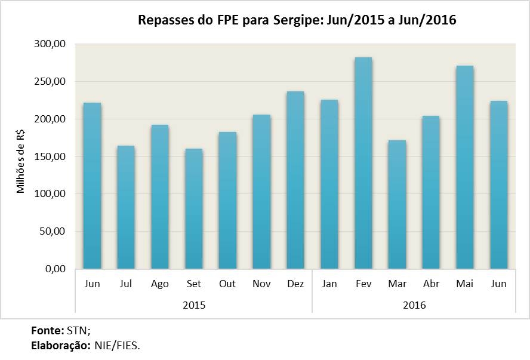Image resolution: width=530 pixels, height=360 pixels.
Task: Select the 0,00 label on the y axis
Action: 57,269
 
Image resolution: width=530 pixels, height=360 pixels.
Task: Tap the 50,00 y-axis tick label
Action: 55,231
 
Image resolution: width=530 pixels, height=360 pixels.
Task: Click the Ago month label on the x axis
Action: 160,284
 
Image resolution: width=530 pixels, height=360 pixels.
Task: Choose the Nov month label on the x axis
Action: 261,284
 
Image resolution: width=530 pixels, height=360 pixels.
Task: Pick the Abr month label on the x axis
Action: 431,284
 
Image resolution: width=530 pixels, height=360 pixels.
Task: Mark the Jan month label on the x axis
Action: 329,284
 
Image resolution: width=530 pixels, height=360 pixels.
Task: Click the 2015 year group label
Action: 194,304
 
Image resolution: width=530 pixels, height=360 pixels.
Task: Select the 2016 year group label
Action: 414,304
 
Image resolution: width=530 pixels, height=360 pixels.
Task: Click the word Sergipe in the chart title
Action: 292,21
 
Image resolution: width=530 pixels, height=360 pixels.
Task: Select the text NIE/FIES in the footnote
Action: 117,345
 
